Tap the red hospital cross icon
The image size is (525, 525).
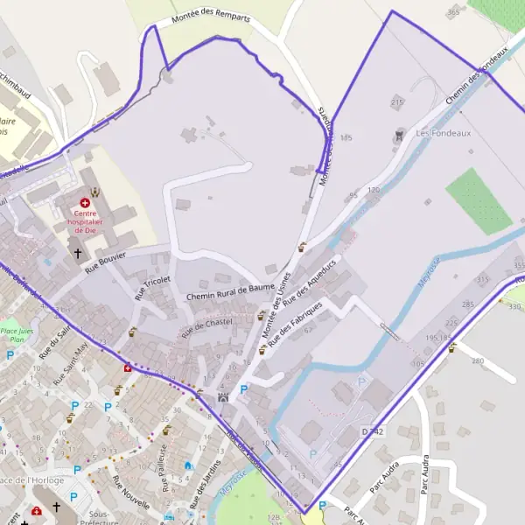tap(85, 202)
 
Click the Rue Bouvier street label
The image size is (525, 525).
tap(105, 261)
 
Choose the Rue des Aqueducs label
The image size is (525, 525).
tap(310, 288)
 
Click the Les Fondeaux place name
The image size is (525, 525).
tap(437, 134)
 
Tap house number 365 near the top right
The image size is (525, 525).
tap(452, 12)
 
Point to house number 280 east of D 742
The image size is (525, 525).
tap(477, 360)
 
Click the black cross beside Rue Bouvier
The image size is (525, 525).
tap(77, 254)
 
